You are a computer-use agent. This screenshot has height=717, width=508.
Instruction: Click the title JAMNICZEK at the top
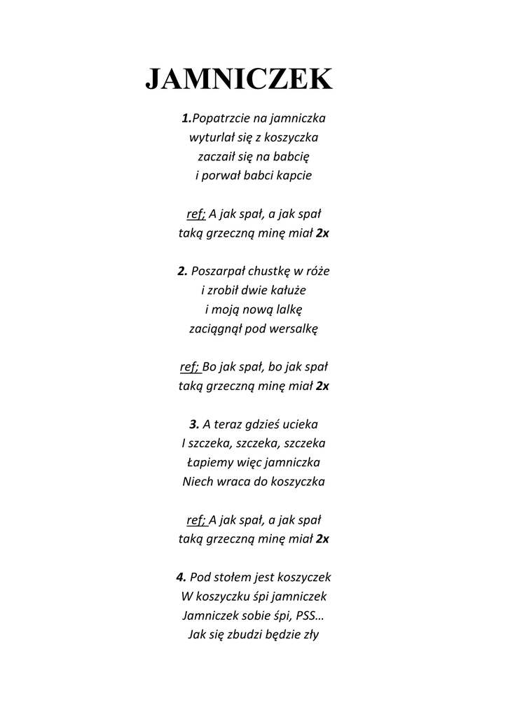tap(239, 79)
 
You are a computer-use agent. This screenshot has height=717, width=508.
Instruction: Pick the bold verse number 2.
tap(183, 271)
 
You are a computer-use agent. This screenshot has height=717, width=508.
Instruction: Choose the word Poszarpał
tap(218, 271)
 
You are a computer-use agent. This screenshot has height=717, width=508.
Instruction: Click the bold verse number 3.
tap(194, 424)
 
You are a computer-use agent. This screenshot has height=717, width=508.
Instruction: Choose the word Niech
tap(197, 482)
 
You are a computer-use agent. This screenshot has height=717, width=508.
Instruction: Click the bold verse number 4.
tap(181, 578)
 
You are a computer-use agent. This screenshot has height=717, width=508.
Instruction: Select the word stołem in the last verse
tap(236, 578)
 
